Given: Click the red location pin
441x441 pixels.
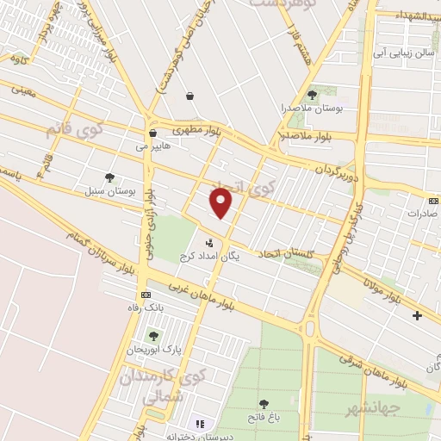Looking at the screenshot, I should click(221, 203).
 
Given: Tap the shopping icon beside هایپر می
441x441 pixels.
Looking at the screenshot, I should click(152, 134).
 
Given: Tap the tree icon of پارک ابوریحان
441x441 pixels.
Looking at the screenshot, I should click(153, 336).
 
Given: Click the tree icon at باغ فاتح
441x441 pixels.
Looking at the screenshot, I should click(264, 403).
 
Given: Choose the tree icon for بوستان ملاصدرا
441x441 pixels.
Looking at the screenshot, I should click(312, 95).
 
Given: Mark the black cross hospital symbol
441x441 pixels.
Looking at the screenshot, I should click(418, 315).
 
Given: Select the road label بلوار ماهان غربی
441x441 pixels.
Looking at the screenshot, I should click(200, 295).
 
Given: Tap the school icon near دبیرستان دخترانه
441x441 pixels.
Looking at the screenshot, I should click(201, 424).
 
